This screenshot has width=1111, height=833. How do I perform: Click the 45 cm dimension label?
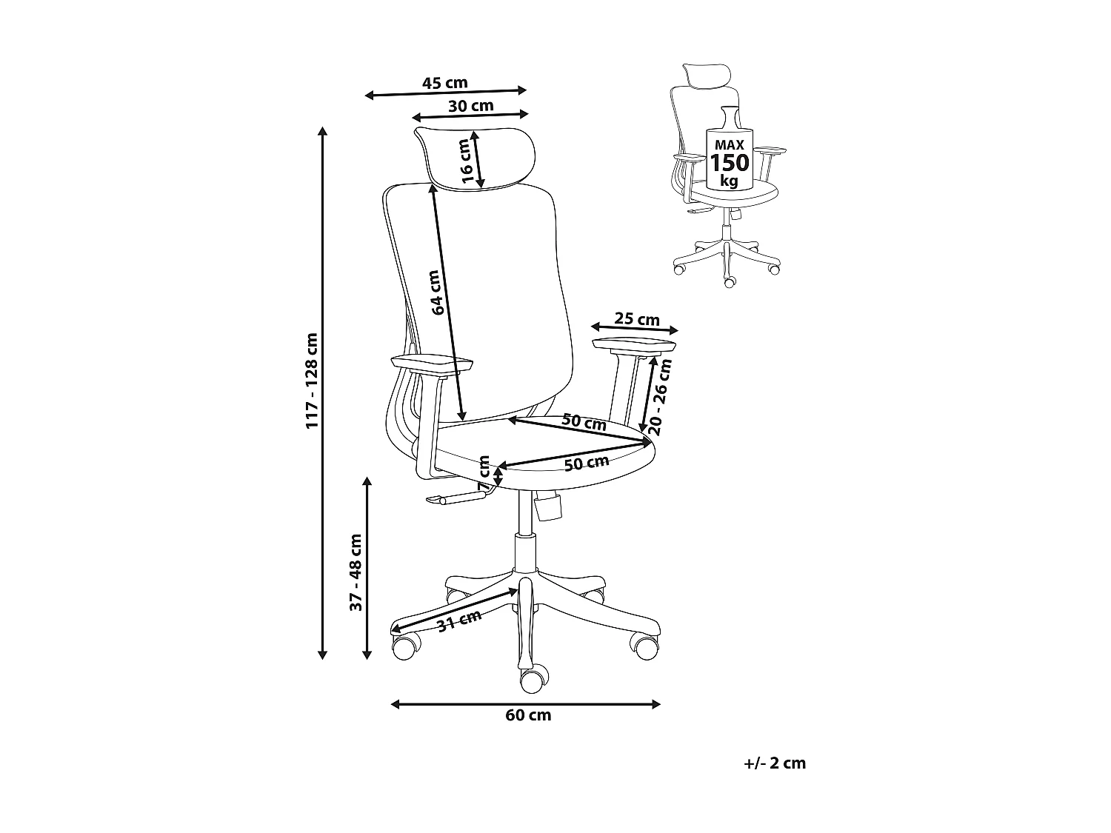click(444, 83)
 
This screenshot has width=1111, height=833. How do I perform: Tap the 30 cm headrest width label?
click(470, 106)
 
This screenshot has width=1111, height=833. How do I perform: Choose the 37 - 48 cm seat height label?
click(356, 572)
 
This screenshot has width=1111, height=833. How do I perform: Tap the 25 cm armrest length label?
click(637, 319)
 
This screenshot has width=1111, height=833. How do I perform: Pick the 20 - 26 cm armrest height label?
click(659, 396)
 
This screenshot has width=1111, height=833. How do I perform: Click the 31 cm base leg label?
click(459, 620)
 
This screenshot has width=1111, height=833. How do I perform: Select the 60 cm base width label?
click(528, 715)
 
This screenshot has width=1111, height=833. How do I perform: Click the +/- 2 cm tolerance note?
click(775, 763)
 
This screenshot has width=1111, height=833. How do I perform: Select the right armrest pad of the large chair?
click(635, 345)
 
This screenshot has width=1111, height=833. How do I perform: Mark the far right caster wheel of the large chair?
click(644, 646)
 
